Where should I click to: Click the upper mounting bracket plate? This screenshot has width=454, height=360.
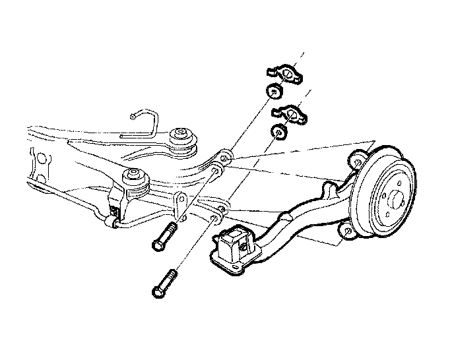[x=284, y=74]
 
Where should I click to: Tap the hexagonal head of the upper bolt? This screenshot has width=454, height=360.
[x=158, y=245]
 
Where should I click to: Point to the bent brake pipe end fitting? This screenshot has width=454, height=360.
[x=133, y=117]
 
